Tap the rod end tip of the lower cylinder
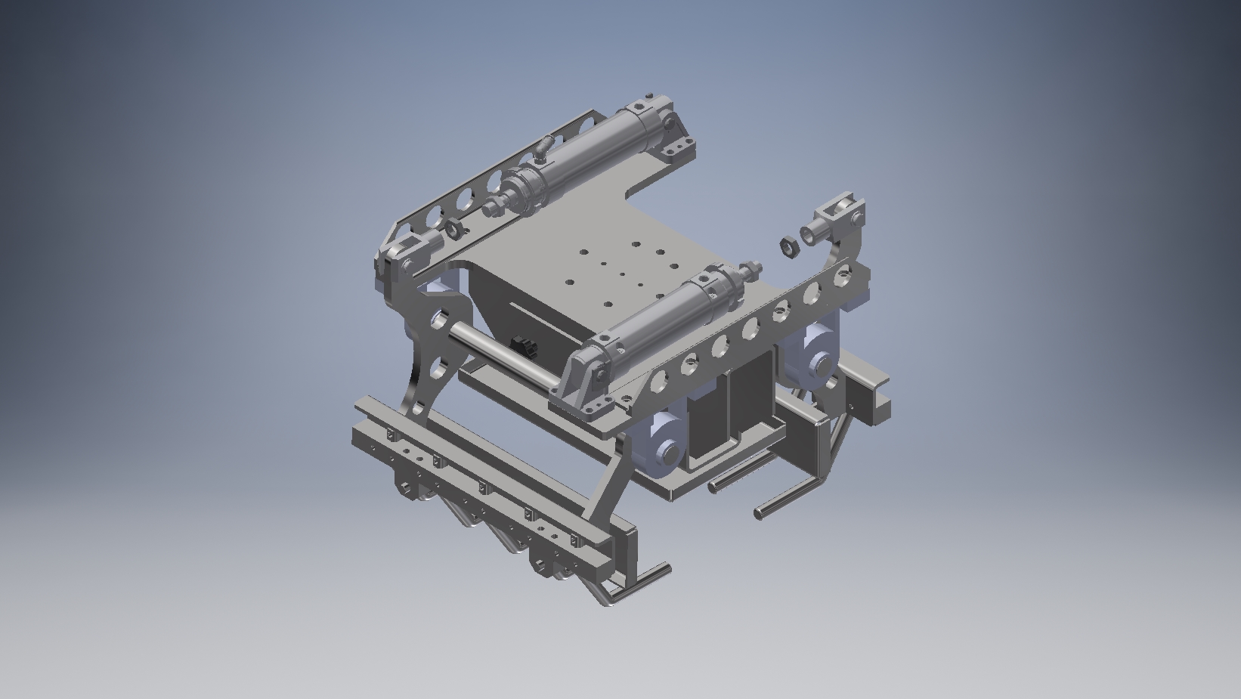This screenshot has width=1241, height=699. [753, 268]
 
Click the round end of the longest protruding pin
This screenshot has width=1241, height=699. [759, 514]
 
